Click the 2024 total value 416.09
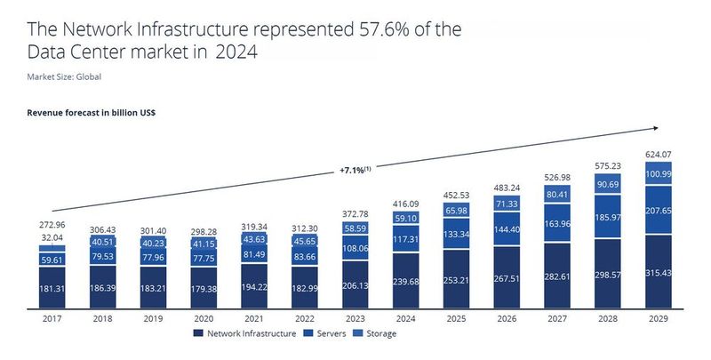404,204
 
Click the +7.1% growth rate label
354,171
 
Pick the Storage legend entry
377,333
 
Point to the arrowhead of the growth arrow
657,129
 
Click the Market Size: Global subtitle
64,76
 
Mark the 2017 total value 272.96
52,227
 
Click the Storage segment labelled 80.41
556,194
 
